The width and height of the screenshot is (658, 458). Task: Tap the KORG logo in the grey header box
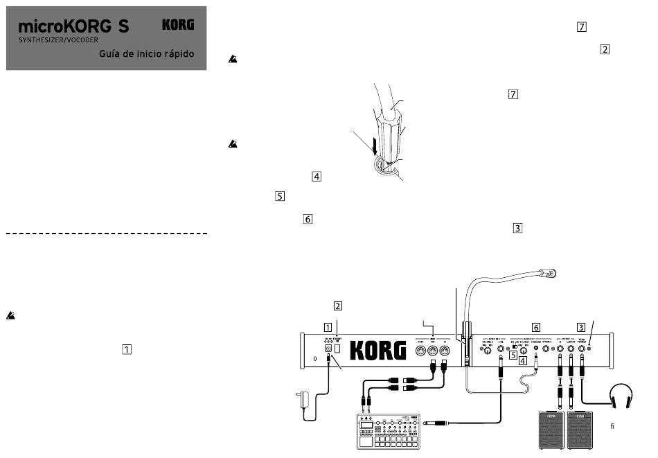point(178,25)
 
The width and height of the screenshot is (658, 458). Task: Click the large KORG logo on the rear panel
point(377,351)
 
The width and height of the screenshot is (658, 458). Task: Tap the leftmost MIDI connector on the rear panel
point(420,351)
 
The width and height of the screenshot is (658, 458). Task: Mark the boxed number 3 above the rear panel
point(581,326)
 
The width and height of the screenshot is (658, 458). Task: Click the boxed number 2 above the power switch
point(337,306)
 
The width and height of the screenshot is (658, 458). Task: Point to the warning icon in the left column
point(11,315)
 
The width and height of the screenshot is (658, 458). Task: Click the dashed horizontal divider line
point(107,234)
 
